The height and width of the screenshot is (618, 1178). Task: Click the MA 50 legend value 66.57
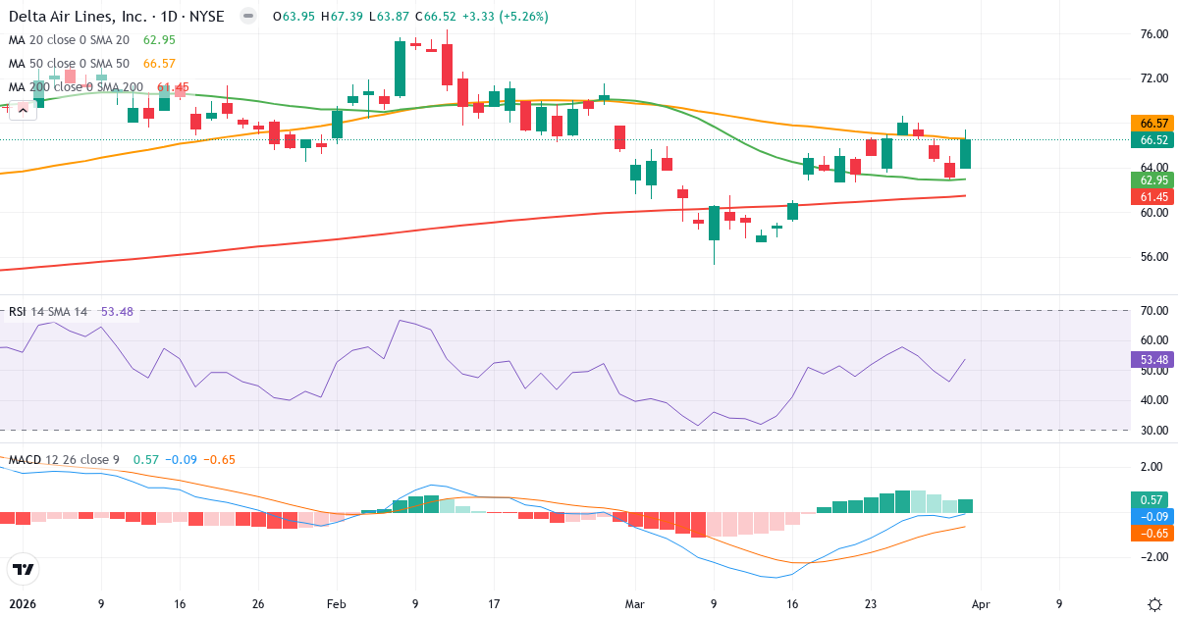pyautogui.click(x=159, y=64)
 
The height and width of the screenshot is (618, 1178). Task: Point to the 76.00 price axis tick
pyautogui.click(x=1153, y=33)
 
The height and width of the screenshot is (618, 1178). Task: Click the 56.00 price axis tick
pyautogui.click(x=1153, y=257)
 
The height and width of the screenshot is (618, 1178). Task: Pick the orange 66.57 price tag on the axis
pyautogui.click(x=1153, y=124)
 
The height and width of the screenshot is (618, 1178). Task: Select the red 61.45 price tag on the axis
pyautogui.click(x=1153, y=197)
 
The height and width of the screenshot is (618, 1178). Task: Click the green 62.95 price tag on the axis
pyautogui.click(x=1153, y=180)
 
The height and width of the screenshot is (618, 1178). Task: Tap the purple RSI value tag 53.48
pyautogui.click(x=1153, y=359)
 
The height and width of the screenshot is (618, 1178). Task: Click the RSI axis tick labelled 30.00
pyautogui.click(x=1153, y=430)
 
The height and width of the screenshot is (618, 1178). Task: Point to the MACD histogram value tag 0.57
pyautogui.click(x=1153, y=499)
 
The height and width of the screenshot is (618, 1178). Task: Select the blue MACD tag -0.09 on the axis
pyautogui.click(x=1153, y=516)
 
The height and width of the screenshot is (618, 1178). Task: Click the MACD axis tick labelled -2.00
pyautogui.click(x=1153, y=557)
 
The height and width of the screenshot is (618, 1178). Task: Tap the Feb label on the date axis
pyautogui.click(x=336, y=604)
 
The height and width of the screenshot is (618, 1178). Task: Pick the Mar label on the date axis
pyautogui.click(x=635, y=604)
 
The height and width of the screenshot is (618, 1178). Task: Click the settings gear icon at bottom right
pyautogui.click(x=1154, y=603)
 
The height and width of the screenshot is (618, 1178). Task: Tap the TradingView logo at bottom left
pyautogui.click(x=23, y=569)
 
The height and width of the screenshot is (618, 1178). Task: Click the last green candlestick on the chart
pyautogui.click(x=965, y=153)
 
